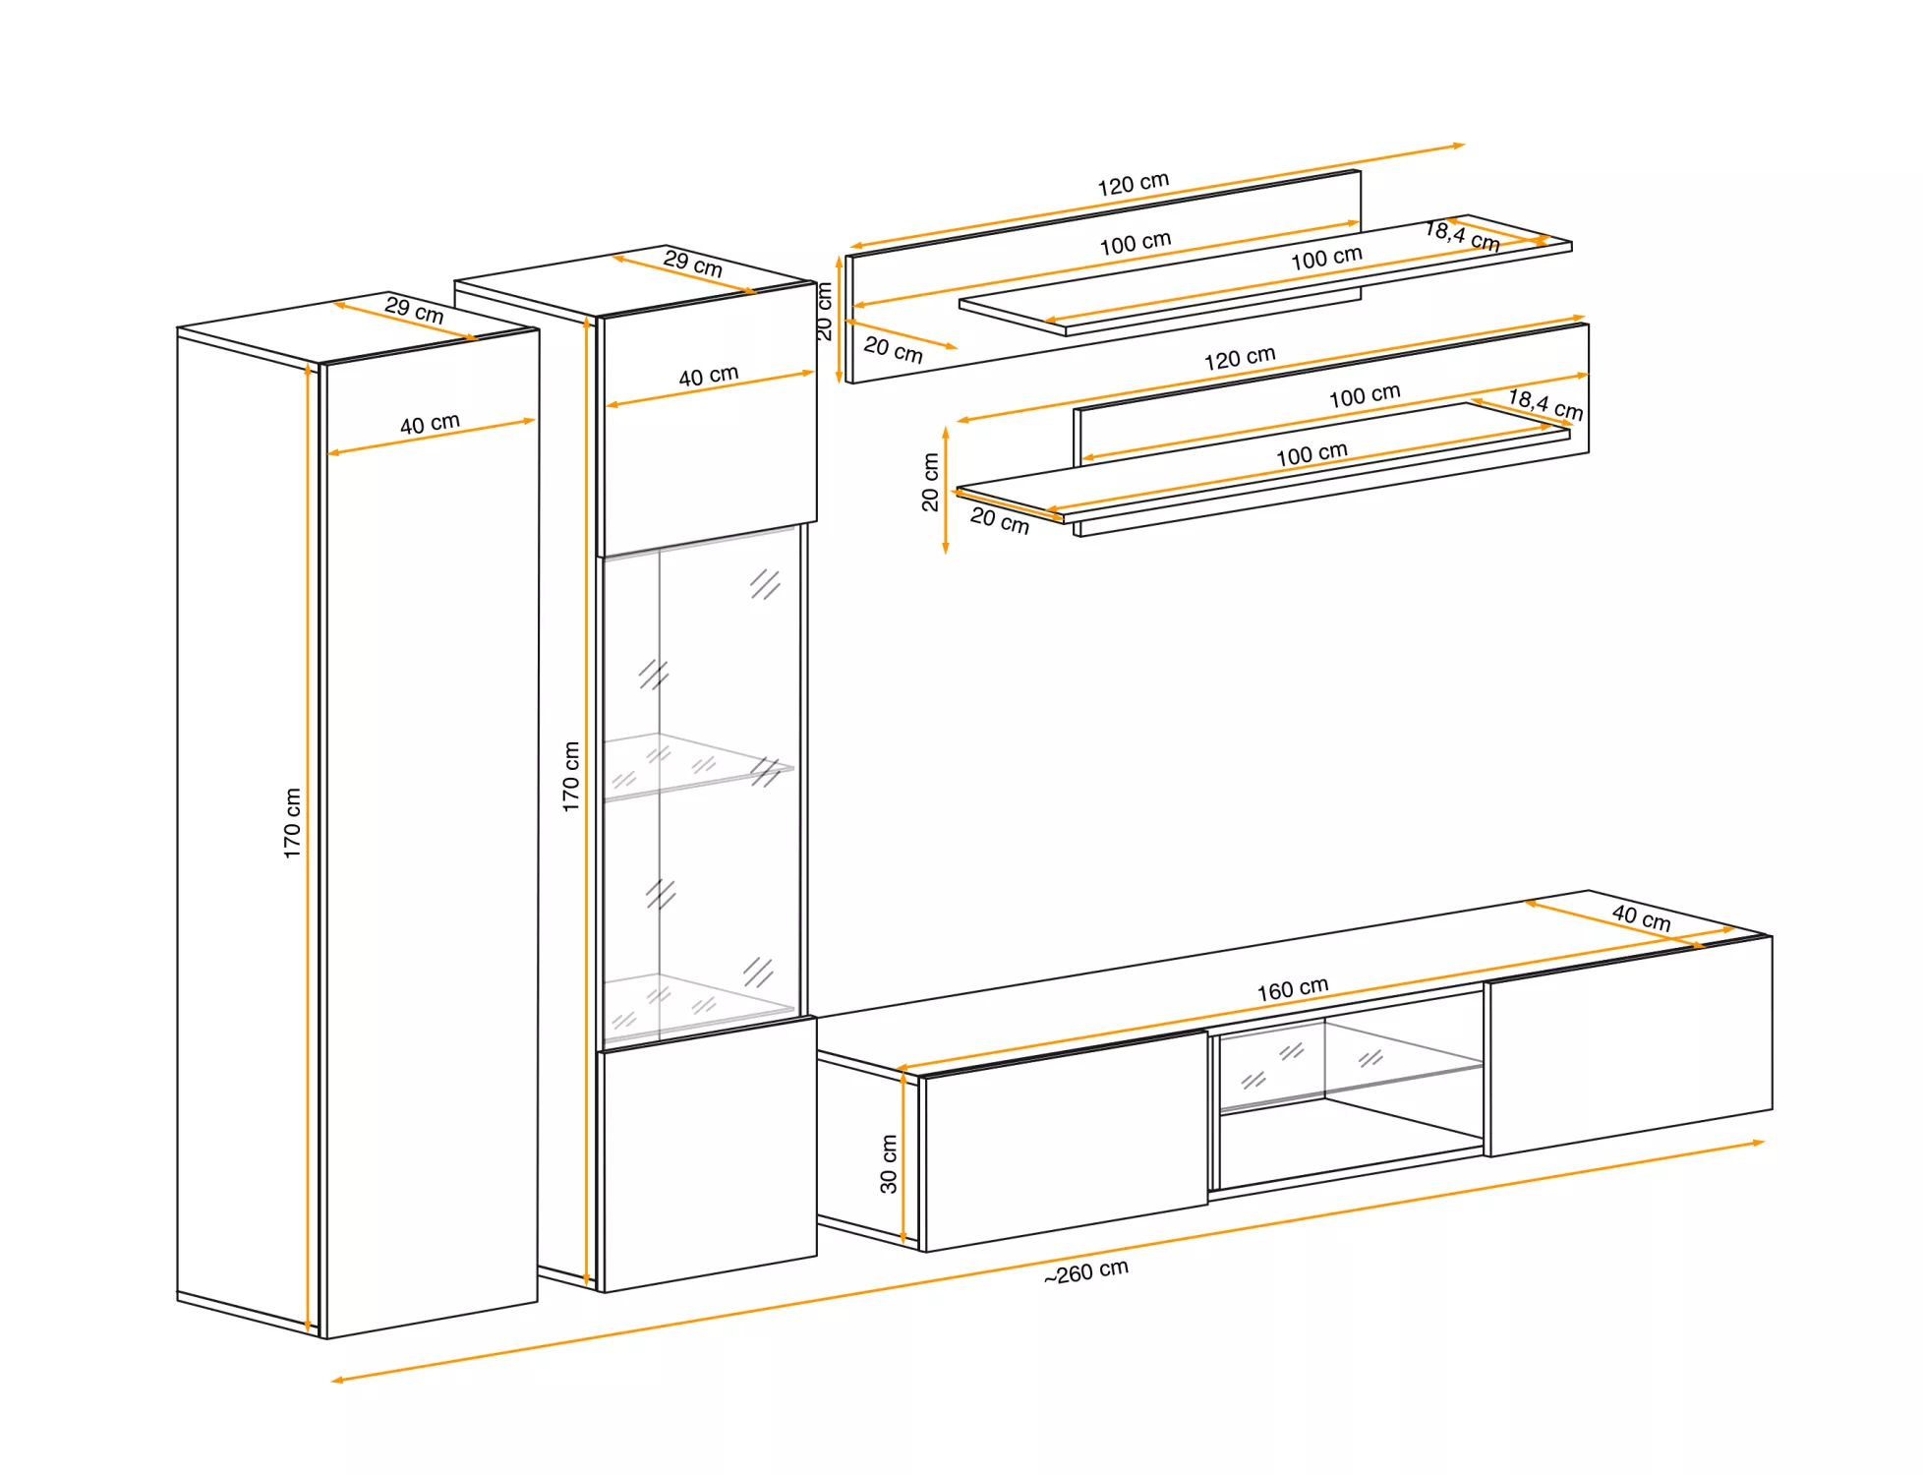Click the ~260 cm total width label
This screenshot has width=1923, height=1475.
(1085, 1271)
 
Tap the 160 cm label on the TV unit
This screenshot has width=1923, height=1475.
(1292, 988)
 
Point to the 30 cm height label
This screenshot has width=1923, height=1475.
(889, 1164)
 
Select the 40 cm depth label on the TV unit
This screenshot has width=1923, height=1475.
(1641, 918)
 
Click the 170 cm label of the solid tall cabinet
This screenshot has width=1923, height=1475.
(292, 823)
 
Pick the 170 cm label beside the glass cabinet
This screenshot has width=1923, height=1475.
(571, 776)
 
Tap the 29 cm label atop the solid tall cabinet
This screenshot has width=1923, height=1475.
(414, 310)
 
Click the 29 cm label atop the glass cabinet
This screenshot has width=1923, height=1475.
(692, 264)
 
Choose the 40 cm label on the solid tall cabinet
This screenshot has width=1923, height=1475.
(430, 424)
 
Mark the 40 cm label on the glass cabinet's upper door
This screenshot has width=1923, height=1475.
(708, 376)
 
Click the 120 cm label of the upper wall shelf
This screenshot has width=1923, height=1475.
(1133, 184)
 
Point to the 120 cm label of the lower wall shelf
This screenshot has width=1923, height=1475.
(1239, 358)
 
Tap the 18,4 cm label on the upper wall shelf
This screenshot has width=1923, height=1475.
(1462, 236)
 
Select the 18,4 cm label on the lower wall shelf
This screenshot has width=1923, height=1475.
(1545, 404)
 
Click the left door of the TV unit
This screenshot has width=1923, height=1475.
(1064, 1141)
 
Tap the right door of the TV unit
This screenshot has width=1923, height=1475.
(1629, 1046)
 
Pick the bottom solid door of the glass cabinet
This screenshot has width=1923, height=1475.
(708, 1154)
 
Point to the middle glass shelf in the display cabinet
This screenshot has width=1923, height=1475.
(698, 766)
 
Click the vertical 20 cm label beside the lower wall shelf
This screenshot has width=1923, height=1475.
(930, 482)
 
